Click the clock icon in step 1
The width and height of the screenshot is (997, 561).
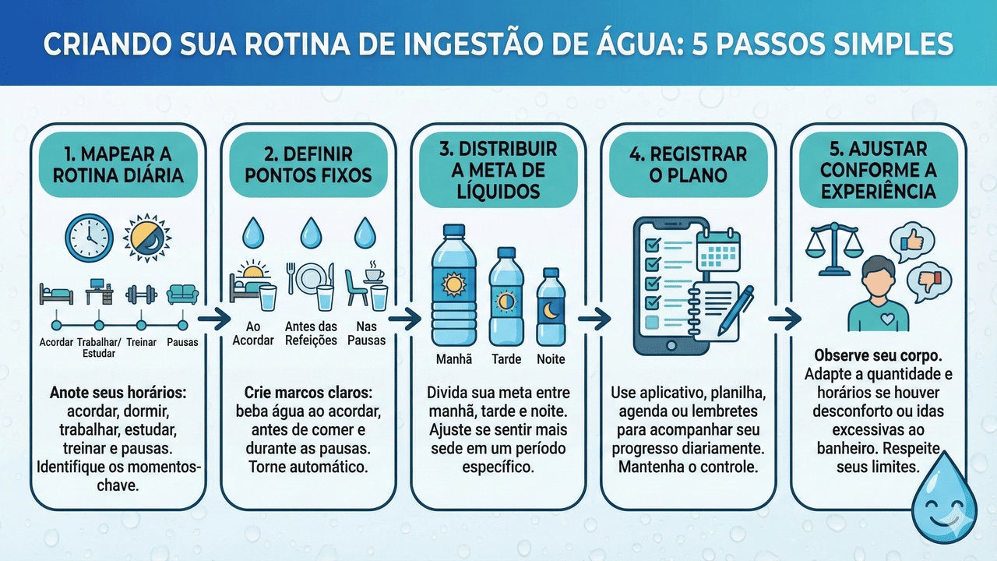tap(89, 238)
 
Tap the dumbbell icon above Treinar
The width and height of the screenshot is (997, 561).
tap(141, 294)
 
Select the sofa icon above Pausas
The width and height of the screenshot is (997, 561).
tap(182, 295)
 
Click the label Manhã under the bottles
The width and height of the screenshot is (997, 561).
tap(453, 359)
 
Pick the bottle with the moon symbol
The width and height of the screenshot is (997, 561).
tap(551, 307)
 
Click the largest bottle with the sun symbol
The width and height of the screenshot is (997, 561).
tap(453, 285)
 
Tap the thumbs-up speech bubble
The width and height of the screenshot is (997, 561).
tap(911, 242)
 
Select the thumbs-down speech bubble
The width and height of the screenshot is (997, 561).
tap(929, 283)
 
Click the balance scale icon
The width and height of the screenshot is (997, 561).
tap(833, 250)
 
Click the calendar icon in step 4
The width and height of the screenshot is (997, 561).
tap(718, 250)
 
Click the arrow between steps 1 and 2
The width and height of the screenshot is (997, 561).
tap(214, 319)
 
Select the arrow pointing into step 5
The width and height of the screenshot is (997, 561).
tap(784, 319)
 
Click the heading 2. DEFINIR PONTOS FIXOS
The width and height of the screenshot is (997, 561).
tap(308, 164)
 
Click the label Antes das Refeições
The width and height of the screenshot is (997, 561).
tap(311, 333)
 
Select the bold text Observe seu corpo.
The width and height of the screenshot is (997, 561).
tap(878, 356)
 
